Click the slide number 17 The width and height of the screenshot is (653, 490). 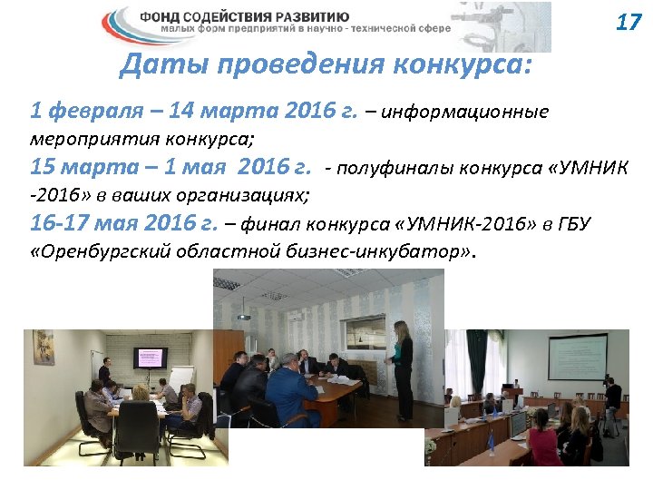628,22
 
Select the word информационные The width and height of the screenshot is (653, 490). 465,113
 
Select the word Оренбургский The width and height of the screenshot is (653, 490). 102,251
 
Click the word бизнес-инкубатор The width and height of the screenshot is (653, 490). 395,251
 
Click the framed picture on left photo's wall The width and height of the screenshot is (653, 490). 43,348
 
